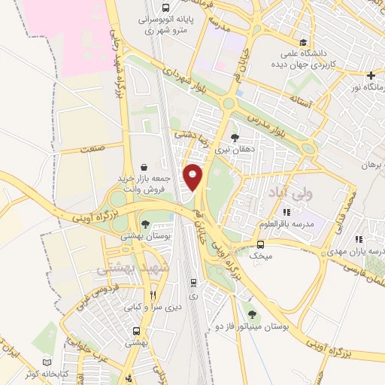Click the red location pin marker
coord(194,177)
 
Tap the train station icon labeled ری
coord(194,283)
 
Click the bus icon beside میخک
coord(261,244)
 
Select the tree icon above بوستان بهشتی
coord(145,223)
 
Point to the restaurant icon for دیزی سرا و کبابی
coord(153,295)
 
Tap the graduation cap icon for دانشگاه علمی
coord(302,43)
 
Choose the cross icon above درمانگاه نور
coord(371,76)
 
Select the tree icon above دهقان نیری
coord(235,138)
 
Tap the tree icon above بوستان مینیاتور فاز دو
coord(250,315)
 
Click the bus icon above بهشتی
coord(136,330)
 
